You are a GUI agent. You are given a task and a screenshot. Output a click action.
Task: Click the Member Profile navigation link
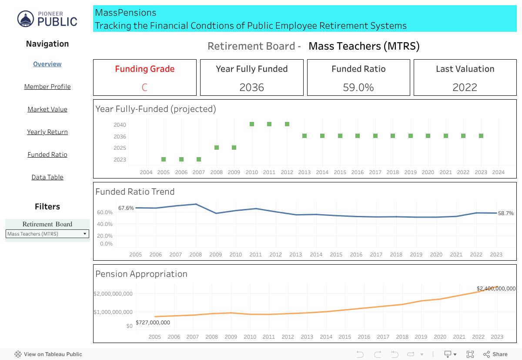pyautogui.click(x=47, y=87)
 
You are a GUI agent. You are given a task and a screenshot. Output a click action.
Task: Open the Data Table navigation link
pyautogui.click(x=47, y=177)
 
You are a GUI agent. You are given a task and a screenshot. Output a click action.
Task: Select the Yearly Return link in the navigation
pyautogui.click(x=47, y=132)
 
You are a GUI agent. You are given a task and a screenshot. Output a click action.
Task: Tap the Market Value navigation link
pyautogui.click(x=47, y=109)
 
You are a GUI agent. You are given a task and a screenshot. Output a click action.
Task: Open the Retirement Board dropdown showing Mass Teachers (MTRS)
pyautogui.click(x=47, y=234)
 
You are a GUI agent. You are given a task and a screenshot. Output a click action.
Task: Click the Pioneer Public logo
pyautogui.click(x=47, y=19)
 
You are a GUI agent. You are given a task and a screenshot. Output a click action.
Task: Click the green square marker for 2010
pyautogui.click(x=252, y=124)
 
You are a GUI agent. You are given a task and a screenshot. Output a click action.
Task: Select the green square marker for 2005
pyautogui.click(x=164, y=159)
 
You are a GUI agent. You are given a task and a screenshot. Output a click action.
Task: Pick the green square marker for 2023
pyautogui.click(x=481, y=136)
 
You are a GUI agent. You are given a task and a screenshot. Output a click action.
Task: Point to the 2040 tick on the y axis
pyautogui.click(x=120, y=125)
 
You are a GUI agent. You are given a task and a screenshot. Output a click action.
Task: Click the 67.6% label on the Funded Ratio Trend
pyautogui.click(x=126, y=208)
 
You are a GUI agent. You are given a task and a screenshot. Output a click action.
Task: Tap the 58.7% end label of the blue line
pyautogui.click(x=506, y=213)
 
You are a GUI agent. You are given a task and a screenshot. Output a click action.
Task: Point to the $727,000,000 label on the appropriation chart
pyautogui.click(x=153, y=323)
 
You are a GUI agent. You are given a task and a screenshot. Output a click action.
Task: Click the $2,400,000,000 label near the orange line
pyautogui.click(x=496, y=289)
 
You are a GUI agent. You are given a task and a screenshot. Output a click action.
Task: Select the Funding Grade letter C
pyautogui.click(x=144, y=87)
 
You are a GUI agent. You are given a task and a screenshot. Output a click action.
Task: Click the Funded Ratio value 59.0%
pyautogui.click(x=358, y=87)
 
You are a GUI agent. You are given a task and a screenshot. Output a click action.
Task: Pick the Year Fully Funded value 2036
pyautogui.click(x=251, y=87)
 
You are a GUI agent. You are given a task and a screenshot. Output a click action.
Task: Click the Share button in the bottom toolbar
pyautogui.click(x=495, y=354)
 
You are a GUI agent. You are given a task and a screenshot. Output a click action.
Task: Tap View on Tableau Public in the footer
pyautogui.click(x=48, y=354)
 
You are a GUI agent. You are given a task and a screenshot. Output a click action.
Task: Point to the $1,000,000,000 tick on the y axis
pyautogui.click(x=113, y=312)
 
